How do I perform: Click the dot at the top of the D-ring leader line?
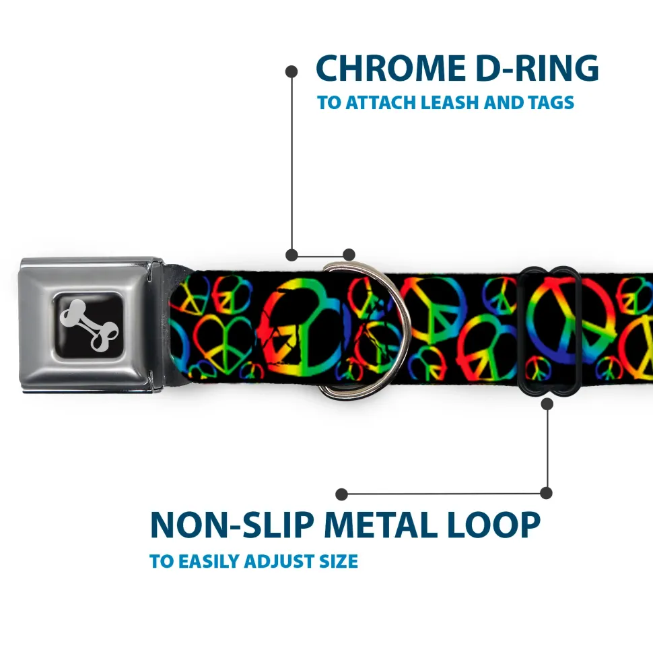point(291,71)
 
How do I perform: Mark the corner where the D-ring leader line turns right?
point(292,255)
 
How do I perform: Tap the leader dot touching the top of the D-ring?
point(349,255)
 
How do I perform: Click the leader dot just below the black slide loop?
point(547,403)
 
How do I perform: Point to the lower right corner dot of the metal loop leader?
point(546,493)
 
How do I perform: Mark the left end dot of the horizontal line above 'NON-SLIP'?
point(341,494)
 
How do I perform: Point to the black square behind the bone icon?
point(89,325)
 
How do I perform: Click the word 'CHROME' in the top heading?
point(390,68)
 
